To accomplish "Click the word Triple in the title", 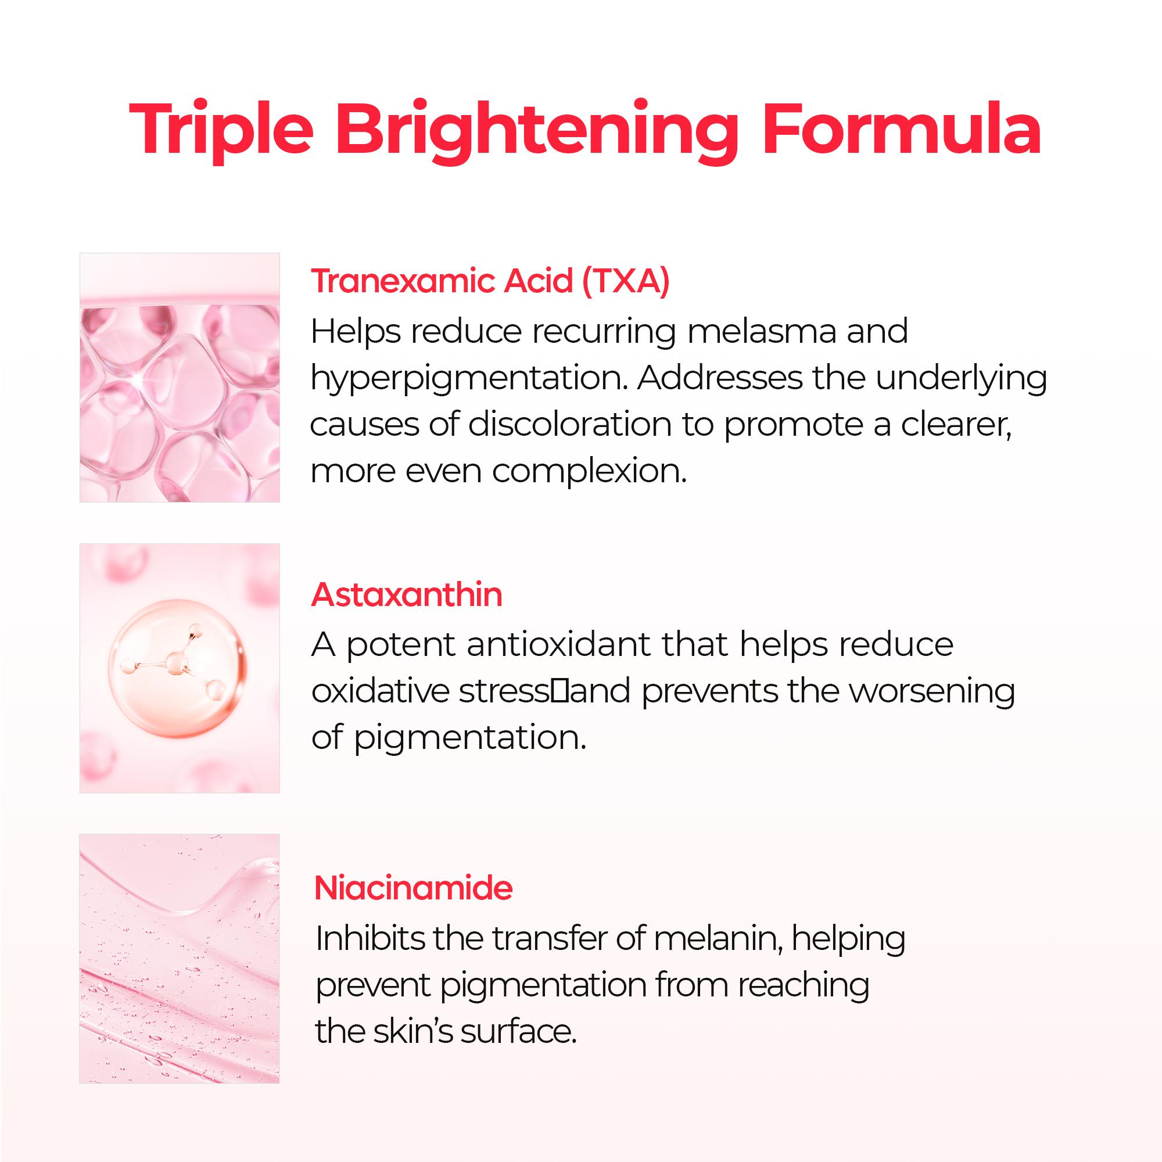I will (221, 131).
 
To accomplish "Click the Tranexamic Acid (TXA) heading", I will (490, 281).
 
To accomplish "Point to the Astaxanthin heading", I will (407, 594).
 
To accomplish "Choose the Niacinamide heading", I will (413, 888).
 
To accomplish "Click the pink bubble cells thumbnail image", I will (179, 377).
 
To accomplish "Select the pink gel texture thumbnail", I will (179, 959).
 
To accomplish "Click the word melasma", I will (762, 331).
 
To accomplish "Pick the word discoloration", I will (569, 425).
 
